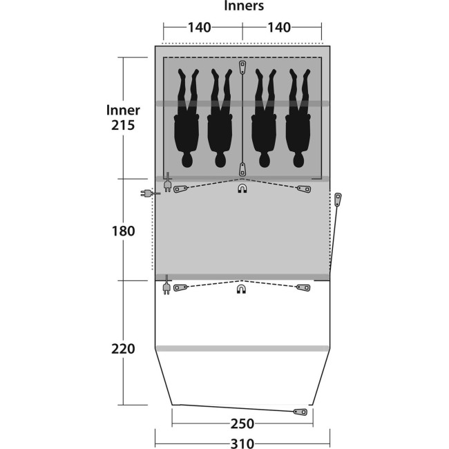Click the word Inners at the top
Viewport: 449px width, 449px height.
click(x=244, y=6)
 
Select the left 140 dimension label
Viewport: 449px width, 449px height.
click(x=200, y=28)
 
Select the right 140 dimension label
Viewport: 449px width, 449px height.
click(x=279, y=28)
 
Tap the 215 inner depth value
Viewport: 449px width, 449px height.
click(x=123, y=125)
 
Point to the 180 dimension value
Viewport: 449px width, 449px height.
click(x=123, y=231)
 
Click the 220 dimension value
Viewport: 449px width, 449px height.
click(x=123, y=349)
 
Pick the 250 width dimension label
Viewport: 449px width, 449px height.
click(x=242, y=423)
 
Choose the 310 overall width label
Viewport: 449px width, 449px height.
click(x=242, y=443)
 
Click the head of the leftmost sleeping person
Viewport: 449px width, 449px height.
click(x=187, y=160)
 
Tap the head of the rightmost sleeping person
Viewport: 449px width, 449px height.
click(x=298, y=160)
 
